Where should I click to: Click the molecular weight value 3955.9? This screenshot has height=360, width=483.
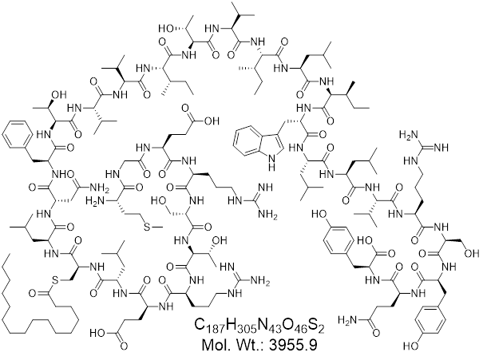293,345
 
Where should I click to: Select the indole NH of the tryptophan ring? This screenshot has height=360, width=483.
271,163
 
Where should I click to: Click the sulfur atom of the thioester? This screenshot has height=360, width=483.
54,280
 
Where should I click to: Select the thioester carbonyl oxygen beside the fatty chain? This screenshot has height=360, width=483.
32,293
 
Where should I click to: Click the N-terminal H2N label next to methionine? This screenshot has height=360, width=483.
93,201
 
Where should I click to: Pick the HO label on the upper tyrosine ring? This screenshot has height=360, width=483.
318,214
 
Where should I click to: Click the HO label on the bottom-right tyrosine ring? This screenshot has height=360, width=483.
410,346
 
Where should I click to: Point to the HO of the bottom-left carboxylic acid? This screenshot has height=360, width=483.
97,333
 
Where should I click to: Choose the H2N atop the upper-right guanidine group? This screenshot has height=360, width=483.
407,135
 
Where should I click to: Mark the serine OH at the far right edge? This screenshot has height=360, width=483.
472,254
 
